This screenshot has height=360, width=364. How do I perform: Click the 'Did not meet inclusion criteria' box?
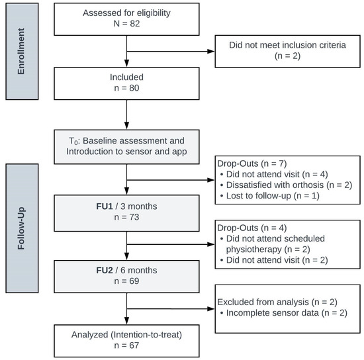point(287,51)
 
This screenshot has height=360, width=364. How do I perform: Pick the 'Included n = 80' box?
point(126,83)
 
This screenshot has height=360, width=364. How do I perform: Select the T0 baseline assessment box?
point(126,146)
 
